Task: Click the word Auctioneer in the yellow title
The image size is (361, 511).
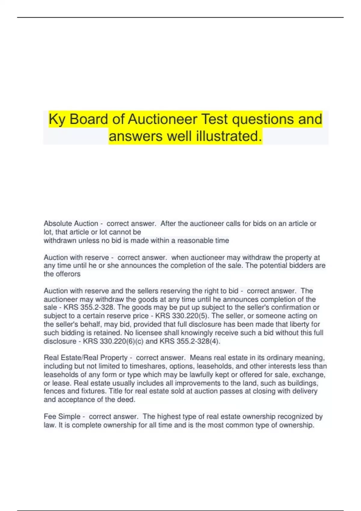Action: (x=163, y=119)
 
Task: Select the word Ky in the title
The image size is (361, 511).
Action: (x=57, y=119)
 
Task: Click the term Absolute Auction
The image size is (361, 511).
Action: (x=71, y=224)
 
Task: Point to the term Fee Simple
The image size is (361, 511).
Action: (x=62, y=417)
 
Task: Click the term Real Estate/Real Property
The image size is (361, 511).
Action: (x=86, y=358)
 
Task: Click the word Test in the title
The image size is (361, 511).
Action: (x=214, y=119)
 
